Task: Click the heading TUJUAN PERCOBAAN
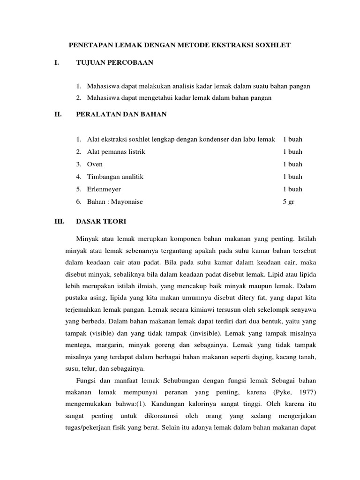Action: [114, 63]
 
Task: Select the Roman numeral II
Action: [58, 114]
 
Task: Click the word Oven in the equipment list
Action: [95, 165]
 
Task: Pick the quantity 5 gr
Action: [289, 202]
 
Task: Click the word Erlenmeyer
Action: [104, 189]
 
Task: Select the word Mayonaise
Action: [126, 202]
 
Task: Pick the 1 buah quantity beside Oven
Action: [292, 165]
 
